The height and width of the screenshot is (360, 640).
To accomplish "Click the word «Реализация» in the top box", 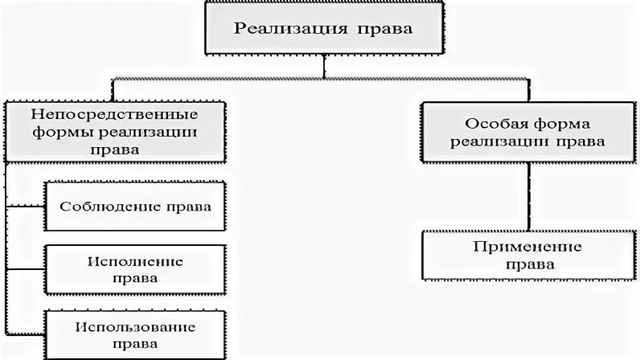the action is point(290,29).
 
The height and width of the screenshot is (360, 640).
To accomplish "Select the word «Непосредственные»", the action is point(114,114).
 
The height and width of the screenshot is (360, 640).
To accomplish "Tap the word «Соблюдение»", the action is point(110,207).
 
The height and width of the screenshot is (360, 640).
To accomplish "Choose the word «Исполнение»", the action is point(135,261).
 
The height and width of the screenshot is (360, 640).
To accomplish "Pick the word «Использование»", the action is point(135,327).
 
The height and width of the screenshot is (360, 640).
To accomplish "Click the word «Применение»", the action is point(527,247).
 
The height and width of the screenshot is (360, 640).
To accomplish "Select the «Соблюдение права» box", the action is point(135,207).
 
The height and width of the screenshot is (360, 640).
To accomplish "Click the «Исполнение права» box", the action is point(135,269).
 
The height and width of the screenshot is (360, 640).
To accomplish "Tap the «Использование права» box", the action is point(135,335).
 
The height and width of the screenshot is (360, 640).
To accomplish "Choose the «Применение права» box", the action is point(529,256).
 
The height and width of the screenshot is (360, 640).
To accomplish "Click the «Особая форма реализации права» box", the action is point(529,133).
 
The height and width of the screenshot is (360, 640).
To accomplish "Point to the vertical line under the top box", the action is point(325,66).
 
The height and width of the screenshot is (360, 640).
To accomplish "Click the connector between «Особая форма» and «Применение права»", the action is point(529,197).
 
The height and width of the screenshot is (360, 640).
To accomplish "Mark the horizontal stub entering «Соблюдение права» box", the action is point(25,207).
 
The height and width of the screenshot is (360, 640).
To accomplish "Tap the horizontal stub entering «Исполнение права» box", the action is point(25,269).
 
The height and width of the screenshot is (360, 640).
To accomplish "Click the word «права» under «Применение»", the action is point(530,265).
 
